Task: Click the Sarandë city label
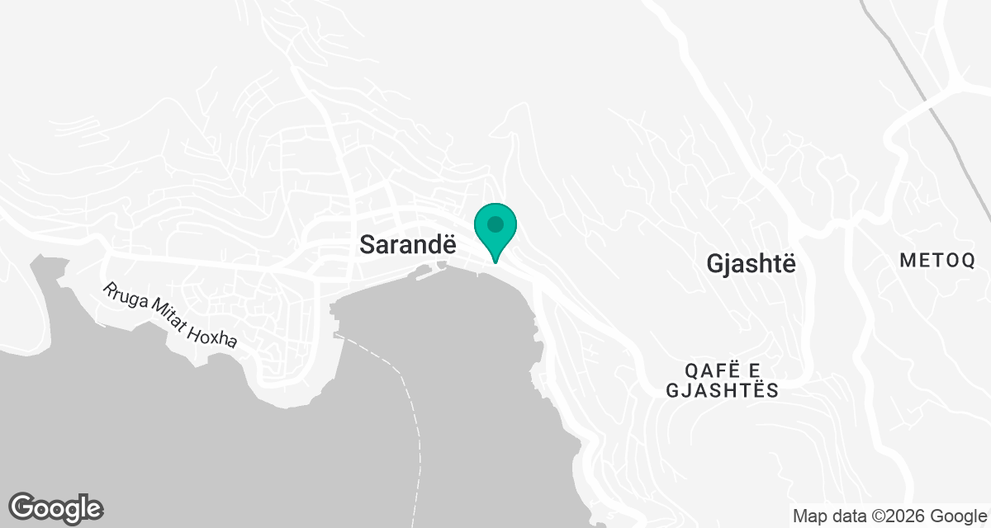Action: (x=407, y=244)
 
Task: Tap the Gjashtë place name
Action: (x=752, y=263)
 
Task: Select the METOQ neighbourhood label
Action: (x=937, y=261)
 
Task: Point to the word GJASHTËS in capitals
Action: (x=722, y=390)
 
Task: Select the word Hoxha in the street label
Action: (x=214, y=334)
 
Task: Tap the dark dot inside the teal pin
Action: (x=495, y=224)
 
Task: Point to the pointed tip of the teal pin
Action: (x=495, y=262)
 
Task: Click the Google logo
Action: (x=55, y=508)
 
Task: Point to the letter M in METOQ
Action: (x=907, y=261)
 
